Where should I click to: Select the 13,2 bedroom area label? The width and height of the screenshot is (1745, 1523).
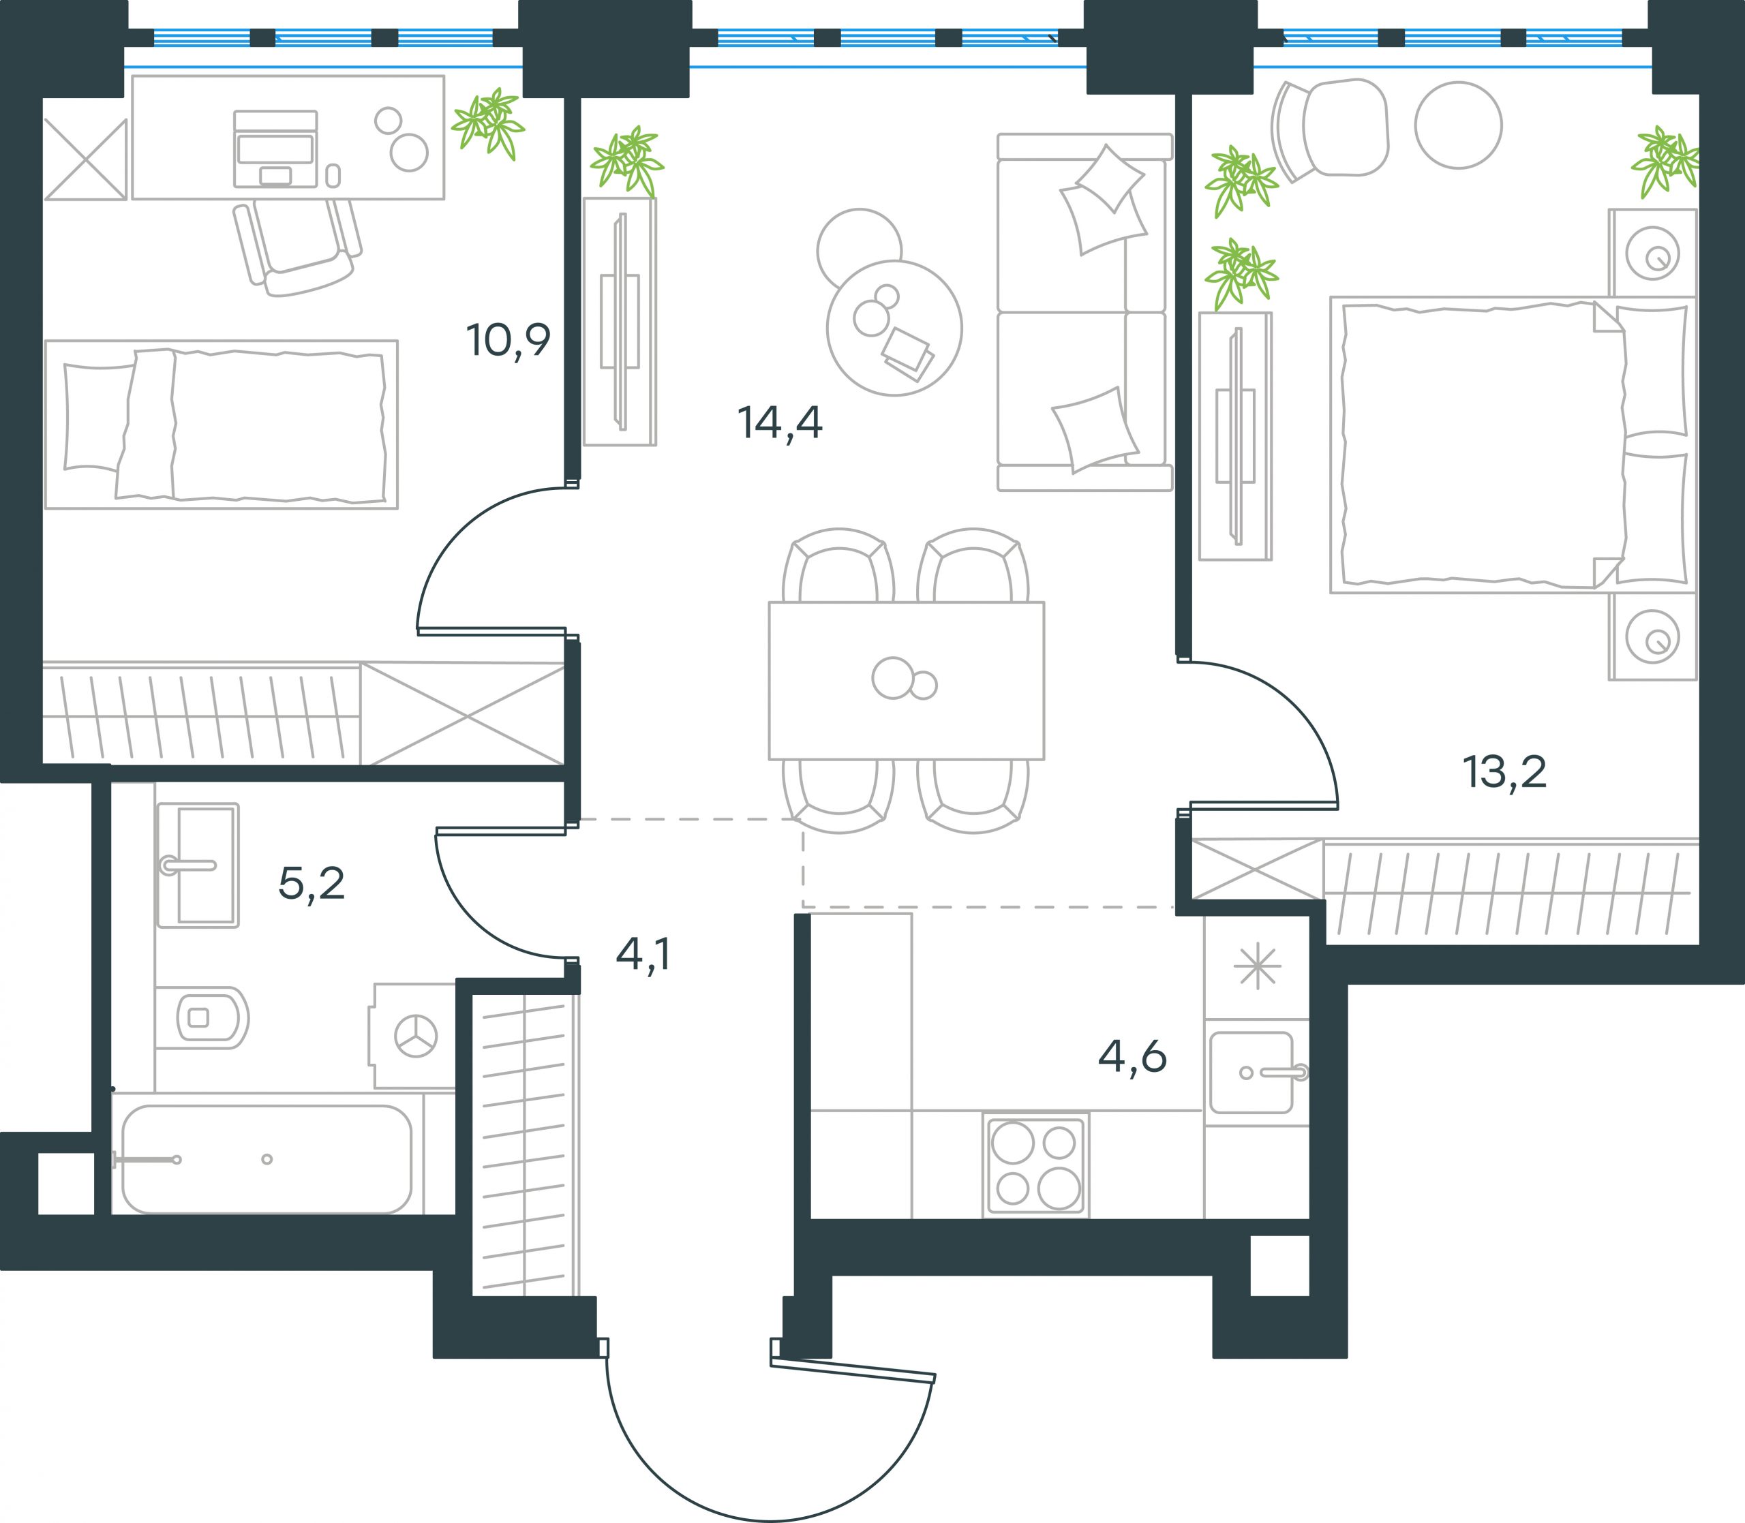pyautogui.click(x=1504, y=773)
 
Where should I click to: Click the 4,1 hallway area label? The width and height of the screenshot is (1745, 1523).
pyautogui.click(x=643, y=955)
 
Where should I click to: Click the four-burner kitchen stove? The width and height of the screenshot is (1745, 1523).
pyautogui.click(x=1036, y=1165)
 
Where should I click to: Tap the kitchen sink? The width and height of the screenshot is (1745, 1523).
pyautogui.click(x=1253, y=1073)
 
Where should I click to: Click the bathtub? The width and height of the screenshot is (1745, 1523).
pyautogui.click(x=267, y=1159)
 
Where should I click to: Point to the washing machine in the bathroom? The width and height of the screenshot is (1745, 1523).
pyautogui.click(x=413, y=1036)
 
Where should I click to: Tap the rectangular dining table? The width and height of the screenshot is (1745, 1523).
pyautogui.click(x=906, y=681)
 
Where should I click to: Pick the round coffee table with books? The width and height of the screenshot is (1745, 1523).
pyautogui.click(x=894, y=328)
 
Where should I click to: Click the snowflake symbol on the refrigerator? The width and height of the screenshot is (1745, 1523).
pyautogui.click(x=1258, y=966)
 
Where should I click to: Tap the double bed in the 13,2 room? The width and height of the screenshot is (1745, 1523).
pyautogui.click(x=1513, y=444)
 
